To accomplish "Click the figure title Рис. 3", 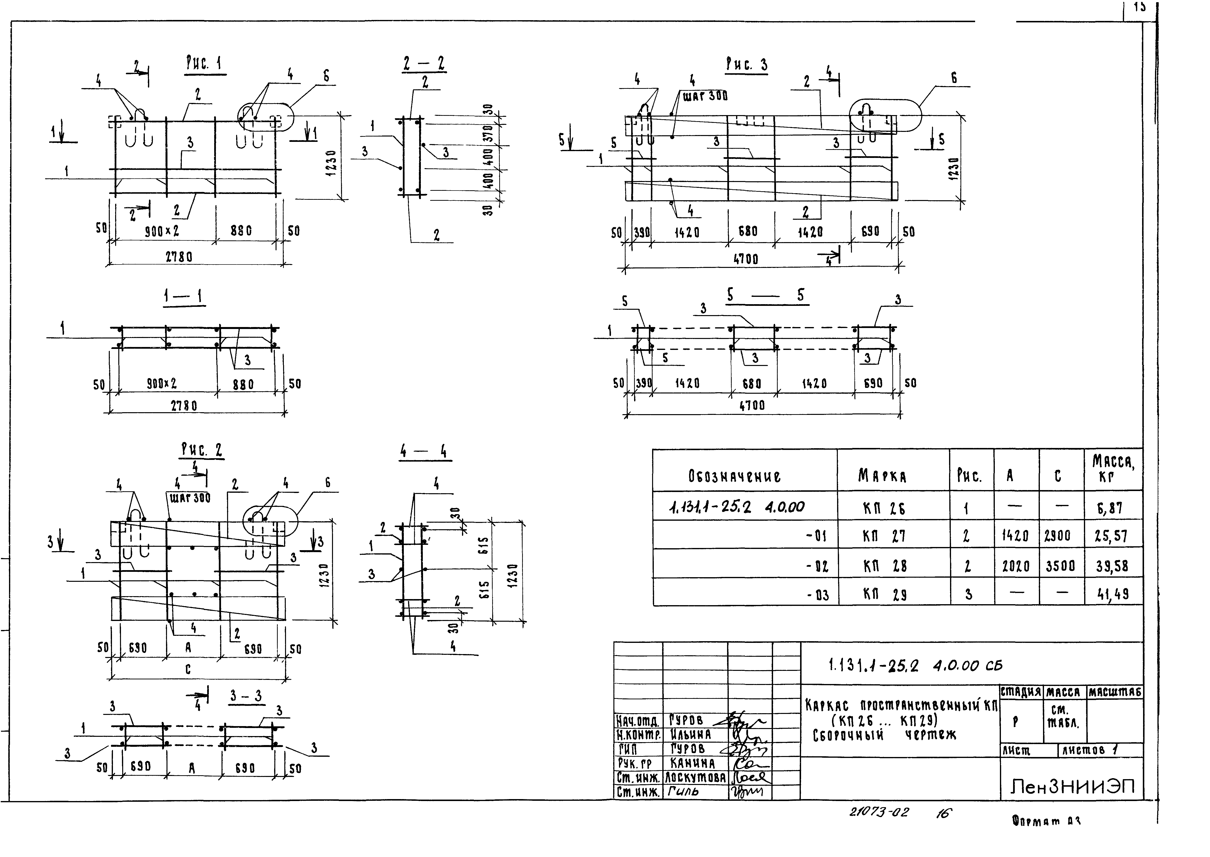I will pyautogui.click(x=747, y=65).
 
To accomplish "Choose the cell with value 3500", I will pyautogui.click(x=1061, y=566).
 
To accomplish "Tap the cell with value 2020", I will pyautogui.click(x=1016, y=566).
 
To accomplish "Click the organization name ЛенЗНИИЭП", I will pyautogui.click(x=1072, y=787).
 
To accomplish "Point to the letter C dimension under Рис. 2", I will pyautogui.click(x=188, y=669).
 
